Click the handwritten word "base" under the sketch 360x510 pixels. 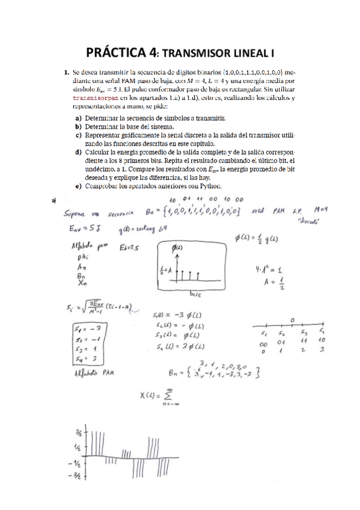click(x=195, y=295)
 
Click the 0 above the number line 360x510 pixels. click(x=291, y=319)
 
